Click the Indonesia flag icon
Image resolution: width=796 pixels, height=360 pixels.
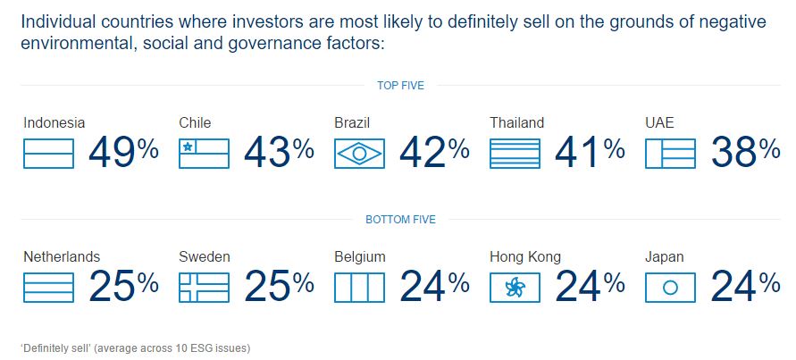(x=48, y=153)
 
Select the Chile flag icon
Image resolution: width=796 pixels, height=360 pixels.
(x=204, y=153)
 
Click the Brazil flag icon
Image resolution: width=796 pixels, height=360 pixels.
(x=359, y=153)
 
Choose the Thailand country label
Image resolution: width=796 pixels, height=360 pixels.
(x=516, y=123)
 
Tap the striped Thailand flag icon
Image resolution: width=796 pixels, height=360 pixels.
(x=515, y=153)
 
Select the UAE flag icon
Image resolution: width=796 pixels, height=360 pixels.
(x=670, y=153)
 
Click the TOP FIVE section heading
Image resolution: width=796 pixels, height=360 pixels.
(x=400, y=86)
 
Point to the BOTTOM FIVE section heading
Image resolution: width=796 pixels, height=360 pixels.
(x=400, y=219)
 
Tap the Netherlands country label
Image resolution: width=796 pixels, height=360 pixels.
(x=62, y=256)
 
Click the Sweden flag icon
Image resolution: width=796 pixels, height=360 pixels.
(x=204, y=286)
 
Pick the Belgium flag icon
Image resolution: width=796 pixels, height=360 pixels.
(x=359, y=286)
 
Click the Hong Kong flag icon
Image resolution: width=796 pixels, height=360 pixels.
(x=515, y=286)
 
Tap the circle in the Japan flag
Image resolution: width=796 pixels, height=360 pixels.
(x=670, y=287)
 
